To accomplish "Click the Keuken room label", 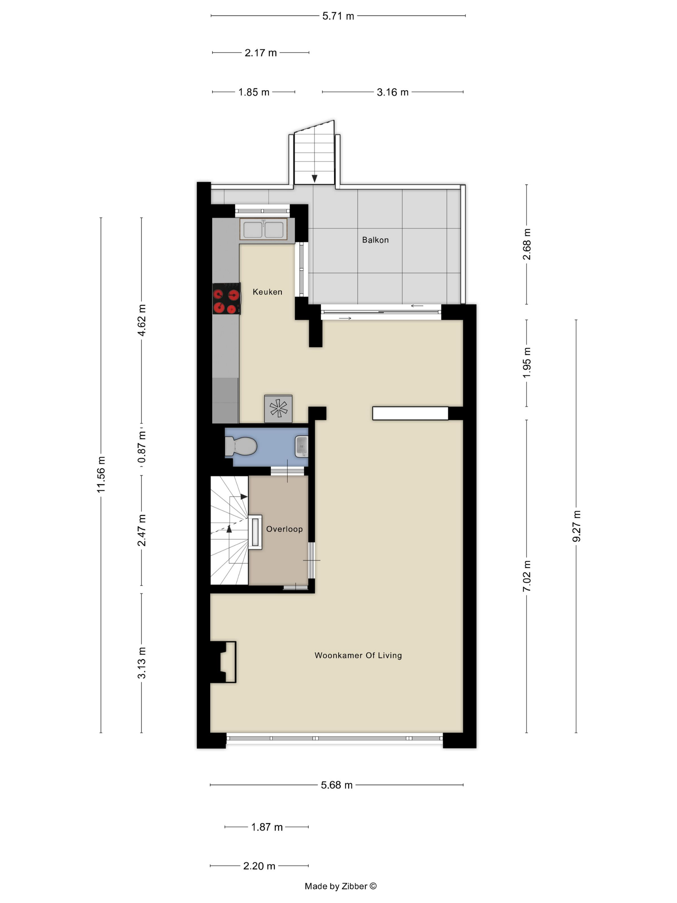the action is pyautogui.click(x=267, y=292).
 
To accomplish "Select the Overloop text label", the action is pyautogui.click(x=284, y=529).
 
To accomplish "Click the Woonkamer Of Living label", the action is pyautogui.click(x=358, y=655).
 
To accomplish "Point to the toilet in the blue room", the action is pyautogui.click(x=241, y=446).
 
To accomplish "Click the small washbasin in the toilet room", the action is pyautogui.click(x=301, y=446).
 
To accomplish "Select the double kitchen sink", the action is pyautogui.click(x=263, y=229).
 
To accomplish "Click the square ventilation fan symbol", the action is pyautogui.click(x=278, y=409).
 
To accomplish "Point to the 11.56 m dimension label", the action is pyautogui.click(x=101, y=474).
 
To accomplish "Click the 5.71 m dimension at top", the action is pyautogui.click(x=338, y=16).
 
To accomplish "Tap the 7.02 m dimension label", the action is pyautogui.click(x=527, y=576).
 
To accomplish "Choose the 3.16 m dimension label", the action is pyautogui.click(x=393, y=92).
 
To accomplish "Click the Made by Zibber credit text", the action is pyautogui.click(x=341, y=886).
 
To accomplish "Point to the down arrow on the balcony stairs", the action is pyautogui.click(x=315, y=178).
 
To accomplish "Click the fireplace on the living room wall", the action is pyautogui.click(x=223, y=662).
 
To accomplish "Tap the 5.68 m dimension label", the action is pyautogui.click(x=337, y=785).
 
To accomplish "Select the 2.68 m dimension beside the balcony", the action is pyautogui.click(x=527, y=244).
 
